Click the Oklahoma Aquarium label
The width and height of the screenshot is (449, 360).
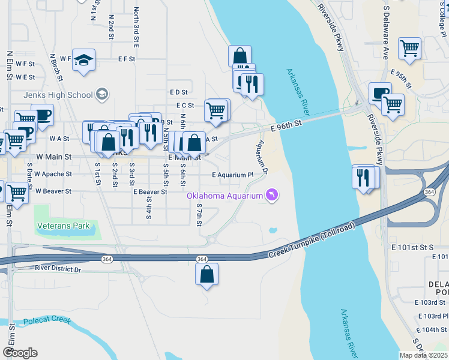click(224, 196)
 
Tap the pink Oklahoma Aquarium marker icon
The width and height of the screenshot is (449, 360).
click(272, 196)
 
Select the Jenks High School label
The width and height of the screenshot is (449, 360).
click(58, 95)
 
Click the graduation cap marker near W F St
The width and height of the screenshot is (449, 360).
click(84, 60)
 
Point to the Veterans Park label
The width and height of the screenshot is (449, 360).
click(63, 226)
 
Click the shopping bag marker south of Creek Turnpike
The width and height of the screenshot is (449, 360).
click(206, 274)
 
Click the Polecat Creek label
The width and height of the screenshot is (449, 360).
click(46, 321)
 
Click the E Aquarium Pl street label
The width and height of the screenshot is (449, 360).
click(233, 175)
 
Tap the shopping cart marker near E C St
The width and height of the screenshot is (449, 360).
click(215, 110)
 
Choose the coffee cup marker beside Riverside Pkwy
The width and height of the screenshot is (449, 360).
click(379, 94)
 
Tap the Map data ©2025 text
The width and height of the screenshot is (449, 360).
click(423, 355)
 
